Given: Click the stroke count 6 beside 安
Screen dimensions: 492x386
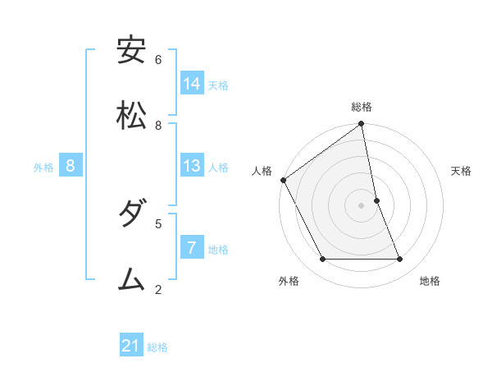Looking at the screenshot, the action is (x=158, y=59).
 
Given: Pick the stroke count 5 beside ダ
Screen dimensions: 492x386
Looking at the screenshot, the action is (x=158, y=223).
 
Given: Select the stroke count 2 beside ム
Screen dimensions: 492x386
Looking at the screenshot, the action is (x=158, y=288).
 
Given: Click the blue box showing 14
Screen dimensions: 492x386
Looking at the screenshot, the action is (x=192, y=83).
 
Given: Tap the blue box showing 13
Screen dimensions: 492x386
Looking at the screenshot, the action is (x=192, y=166).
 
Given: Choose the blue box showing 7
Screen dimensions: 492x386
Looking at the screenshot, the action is (x=192, y=247).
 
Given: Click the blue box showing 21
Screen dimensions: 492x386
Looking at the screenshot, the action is (x=131, y=346).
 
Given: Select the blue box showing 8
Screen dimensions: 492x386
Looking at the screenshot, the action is (x=71, y=166).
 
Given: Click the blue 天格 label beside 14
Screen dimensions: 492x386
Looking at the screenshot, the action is (x=218, y=85).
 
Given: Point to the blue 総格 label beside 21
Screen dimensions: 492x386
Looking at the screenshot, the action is (x=157, y=347).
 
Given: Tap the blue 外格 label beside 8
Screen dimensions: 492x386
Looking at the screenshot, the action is (x=43, y=168).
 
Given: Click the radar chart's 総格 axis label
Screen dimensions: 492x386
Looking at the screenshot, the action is (x=362, y=107).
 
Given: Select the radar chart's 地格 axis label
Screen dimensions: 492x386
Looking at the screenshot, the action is (x=430, y=281).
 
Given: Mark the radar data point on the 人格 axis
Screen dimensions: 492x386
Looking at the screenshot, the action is (x=283, y=180).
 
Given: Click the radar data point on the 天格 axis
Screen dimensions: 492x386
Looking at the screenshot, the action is (x=376, y=200).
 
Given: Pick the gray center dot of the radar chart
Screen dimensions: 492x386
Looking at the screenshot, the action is (x=361, y=205).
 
